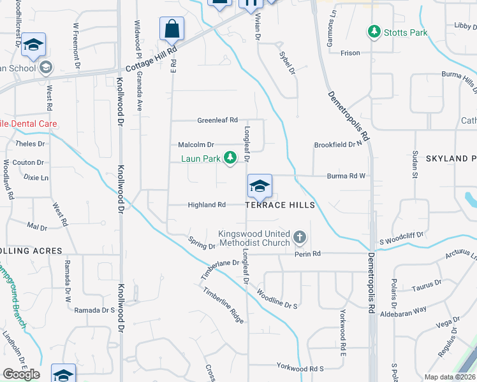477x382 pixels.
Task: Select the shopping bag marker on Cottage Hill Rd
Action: tap(172, 29)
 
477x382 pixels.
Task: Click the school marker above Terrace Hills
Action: tap(260, 186)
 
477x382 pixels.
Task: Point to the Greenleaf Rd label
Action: tap(217, 120)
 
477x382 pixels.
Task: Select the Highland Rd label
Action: tap(207, 205)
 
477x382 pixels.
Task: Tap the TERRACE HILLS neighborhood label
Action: tap(280, 205)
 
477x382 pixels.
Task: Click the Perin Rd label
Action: tap(307, 254)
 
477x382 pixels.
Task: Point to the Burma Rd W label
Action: tap(346, 176)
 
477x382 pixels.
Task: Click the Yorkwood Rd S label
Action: tap(300, 368)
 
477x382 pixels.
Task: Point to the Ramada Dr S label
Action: tap(94, 310)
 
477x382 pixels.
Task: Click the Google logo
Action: tap(21, 374)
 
